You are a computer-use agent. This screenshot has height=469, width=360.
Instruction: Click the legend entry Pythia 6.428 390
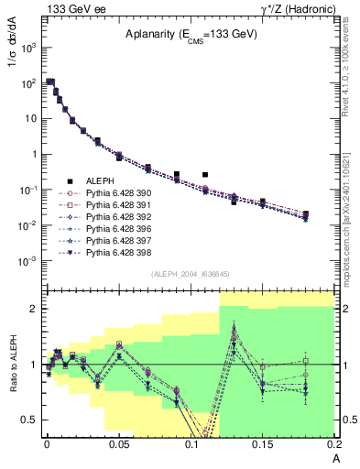point(115,194)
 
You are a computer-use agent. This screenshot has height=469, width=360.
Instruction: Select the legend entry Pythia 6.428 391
point(115,206)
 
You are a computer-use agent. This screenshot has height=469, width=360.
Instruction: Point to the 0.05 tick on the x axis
point(119,444)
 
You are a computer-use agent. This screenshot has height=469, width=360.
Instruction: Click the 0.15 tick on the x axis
point(264,444)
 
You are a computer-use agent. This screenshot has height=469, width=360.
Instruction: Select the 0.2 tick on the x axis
point(334,444)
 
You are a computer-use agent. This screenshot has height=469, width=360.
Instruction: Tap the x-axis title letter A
point(335,457)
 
